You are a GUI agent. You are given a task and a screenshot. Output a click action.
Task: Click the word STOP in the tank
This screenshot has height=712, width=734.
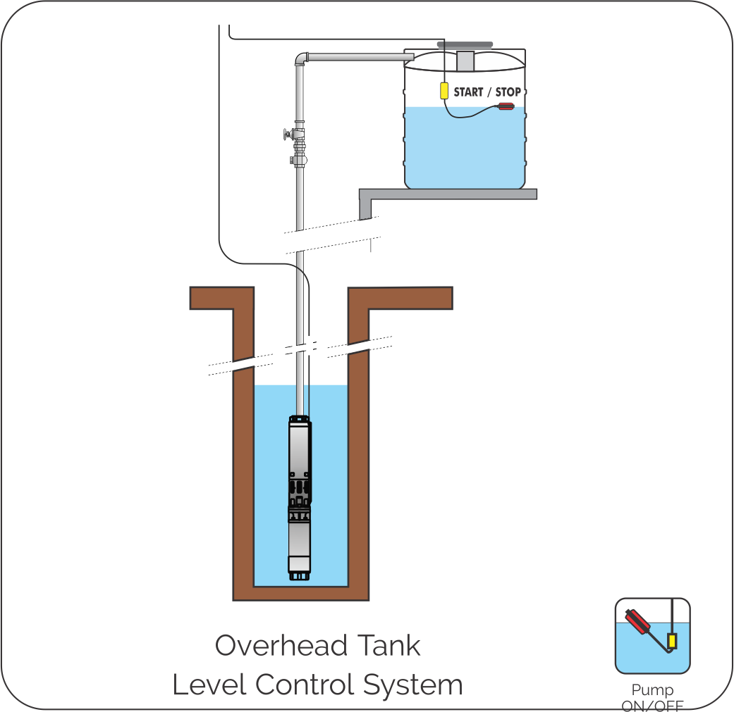(508, 92)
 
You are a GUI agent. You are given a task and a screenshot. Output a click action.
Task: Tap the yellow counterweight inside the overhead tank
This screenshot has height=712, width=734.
(444, 91)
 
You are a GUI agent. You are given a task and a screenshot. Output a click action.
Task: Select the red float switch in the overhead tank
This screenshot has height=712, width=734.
(506, 107)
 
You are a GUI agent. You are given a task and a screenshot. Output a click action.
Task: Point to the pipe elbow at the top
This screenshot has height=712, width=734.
(301, 58)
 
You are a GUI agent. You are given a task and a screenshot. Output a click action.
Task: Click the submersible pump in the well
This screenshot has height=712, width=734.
(299, 493)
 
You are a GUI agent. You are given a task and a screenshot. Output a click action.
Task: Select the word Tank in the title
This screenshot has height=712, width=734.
(390, 645)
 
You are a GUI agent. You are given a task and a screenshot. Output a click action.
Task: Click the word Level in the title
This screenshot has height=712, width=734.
(208, 685)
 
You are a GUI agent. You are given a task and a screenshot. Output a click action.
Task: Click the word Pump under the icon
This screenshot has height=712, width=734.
(652, 690)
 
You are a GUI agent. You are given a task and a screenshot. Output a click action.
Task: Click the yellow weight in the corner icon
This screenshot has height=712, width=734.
(672, 641)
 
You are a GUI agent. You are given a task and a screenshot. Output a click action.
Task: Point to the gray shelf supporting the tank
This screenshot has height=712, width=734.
(448, 194)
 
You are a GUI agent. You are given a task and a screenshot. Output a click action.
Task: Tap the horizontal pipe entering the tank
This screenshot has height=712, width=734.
(356, 56)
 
